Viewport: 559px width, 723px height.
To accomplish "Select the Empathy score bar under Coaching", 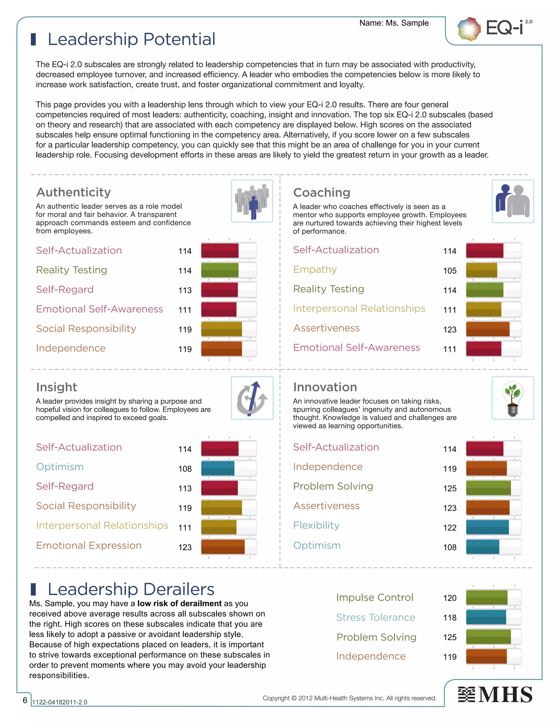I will point(493,270).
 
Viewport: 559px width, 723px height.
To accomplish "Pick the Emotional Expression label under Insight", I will point(89,545).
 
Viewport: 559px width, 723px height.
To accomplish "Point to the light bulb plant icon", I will point(512,398).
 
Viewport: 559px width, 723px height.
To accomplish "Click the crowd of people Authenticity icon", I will point(252,201).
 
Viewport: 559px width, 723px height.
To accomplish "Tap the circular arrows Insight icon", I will point(252,398).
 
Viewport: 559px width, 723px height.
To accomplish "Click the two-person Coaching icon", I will point(512,201).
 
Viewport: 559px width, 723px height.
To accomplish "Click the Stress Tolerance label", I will point(375,617).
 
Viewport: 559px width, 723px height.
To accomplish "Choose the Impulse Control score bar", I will point(493,597).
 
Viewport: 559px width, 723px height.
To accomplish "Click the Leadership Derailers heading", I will point(131,589).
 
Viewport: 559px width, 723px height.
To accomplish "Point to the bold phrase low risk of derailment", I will point(179,604).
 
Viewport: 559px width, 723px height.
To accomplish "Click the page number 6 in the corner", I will point(25,700).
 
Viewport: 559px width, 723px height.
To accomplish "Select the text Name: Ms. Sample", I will point(394,23).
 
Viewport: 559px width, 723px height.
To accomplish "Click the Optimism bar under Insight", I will point(228,468).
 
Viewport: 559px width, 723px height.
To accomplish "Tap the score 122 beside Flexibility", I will point(449,528).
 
